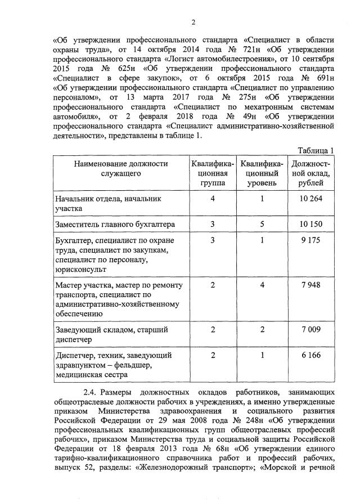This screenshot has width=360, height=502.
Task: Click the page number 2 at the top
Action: pyautogui.click(x=193, y=23)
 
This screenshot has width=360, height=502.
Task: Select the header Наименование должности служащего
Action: pyautogui.click(x=120, y=168)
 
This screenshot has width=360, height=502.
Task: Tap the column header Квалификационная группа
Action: pyautogui.click(x=213, y=173)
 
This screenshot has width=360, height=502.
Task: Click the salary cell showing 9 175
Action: pyautogui.click(x=311, y=240)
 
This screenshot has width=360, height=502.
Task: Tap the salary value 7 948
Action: pyautogui.click(x=311, y=285)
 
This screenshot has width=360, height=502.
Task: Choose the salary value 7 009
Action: pyautogui.click(x=311, y=329)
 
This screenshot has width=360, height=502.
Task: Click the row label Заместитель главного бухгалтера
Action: pyautogui.click(x=115, y=224)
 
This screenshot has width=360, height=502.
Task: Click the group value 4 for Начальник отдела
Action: pyautogui.click(x=213, y=199)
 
